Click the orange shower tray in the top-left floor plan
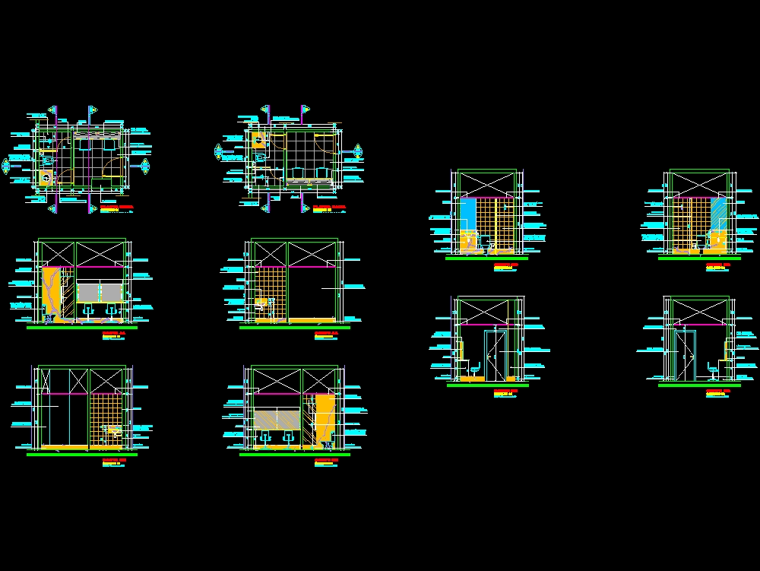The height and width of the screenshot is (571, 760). pos(46,178)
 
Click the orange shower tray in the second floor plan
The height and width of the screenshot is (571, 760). pos(258,140)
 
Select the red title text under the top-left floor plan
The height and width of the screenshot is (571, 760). pos(116,206)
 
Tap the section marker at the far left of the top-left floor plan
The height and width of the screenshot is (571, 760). pos(7,164)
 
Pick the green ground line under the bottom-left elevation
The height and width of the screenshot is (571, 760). pos(81,454)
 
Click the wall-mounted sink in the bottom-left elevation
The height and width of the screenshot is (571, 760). pos(113,431)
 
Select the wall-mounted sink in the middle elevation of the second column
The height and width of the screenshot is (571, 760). pos(262,304)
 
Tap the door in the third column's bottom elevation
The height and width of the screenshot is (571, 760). pos(496,354)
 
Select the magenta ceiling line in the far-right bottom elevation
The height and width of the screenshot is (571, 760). pos(699,325)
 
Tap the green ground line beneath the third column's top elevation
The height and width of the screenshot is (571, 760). pos(486,258)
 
